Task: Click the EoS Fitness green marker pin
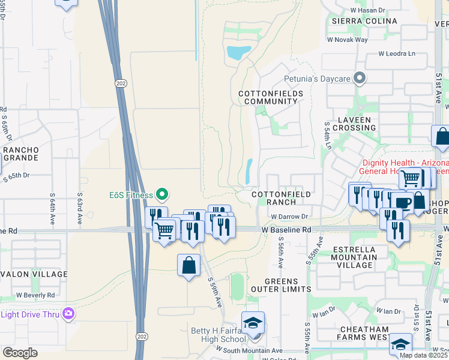161,194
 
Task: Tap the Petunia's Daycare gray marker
360,78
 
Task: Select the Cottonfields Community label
268,98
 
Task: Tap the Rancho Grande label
20,154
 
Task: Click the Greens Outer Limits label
289,284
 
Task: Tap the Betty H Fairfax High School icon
253,323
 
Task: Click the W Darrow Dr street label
289,217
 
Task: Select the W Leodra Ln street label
396,53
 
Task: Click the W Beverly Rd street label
35,295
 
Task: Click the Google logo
20,353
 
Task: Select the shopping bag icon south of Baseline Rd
188,265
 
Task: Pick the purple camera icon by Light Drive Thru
68,313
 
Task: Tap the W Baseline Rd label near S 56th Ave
286,230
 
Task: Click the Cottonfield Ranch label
281,198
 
